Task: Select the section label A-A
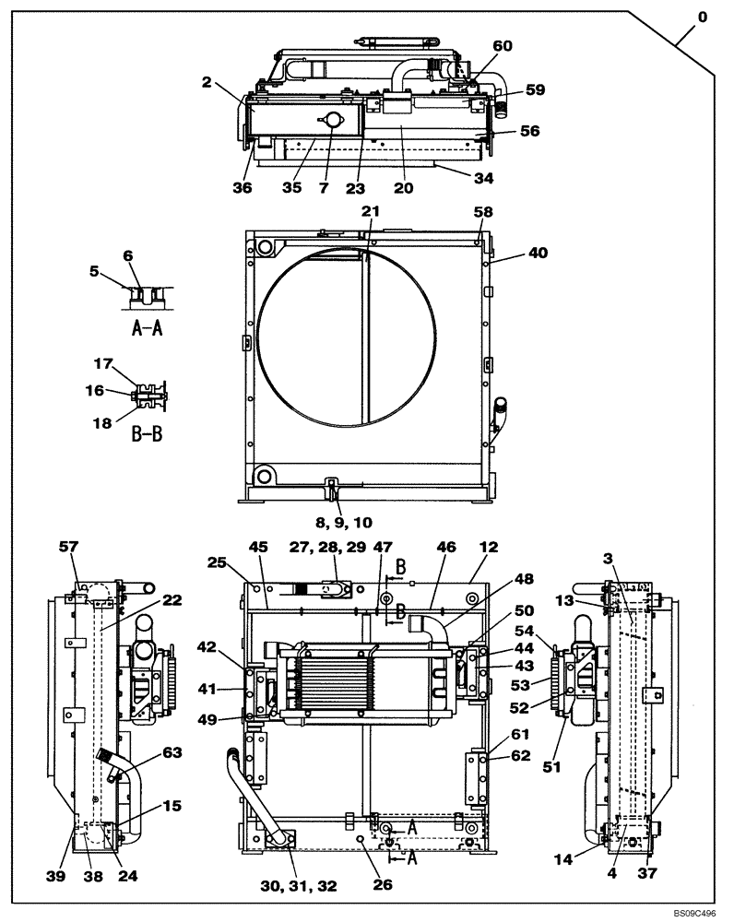tap(143, 329)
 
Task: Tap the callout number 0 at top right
tap(703, 17)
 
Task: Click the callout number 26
tap(383, 886)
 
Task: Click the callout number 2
tap(208, 82)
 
